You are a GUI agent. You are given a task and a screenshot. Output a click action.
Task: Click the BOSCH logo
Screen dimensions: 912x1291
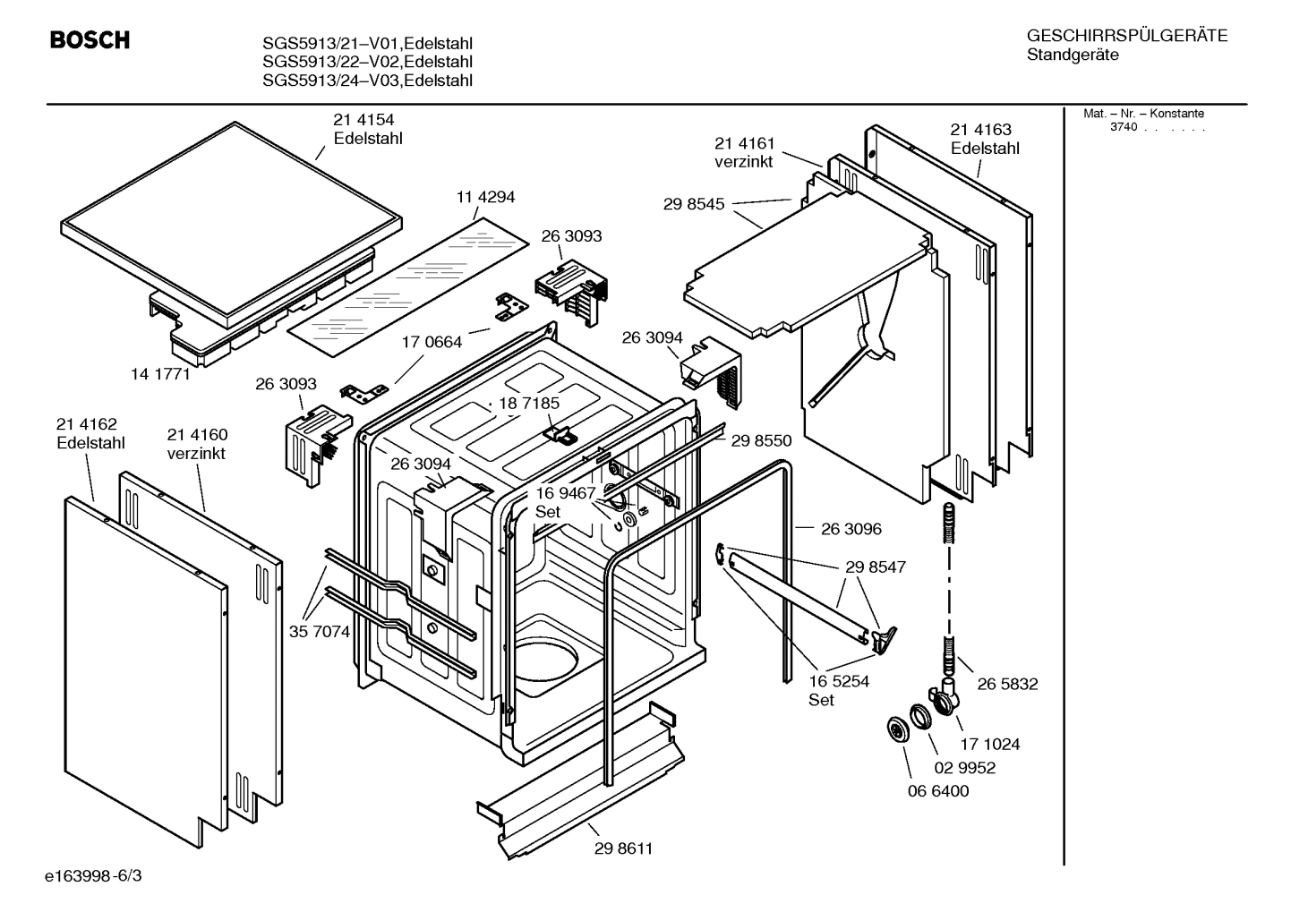90,40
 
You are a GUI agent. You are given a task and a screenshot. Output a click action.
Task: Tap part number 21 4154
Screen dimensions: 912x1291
363,120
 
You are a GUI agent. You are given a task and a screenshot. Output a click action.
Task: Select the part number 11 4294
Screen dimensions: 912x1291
486,197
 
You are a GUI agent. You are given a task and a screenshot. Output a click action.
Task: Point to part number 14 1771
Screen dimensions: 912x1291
160,374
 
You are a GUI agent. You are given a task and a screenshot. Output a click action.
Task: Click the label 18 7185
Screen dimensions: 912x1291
529,403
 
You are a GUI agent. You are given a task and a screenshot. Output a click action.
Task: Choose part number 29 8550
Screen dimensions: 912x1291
761,440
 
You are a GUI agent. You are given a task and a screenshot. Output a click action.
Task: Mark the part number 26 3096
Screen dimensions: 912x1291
851,529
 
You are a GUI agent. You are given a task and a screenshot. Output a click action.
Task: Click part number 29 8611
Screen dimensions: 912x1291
622,848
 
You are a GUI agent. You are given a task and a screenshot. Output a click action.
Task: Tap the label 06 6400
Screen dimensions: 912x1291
938,791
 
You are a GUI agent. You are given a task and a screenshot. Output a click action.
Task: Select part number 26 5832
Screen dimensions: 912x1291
1007,684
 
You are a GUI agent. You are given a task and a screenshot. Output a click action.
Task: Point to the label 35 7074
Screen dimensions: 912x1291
319,632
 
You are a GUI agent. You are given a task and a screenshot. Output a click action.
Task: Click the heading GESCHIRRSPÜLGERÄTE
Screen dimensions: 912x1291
1126,37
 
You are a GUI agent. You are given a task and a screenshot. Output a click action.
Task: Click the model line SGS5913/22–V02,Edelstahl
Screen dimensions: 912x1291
367,62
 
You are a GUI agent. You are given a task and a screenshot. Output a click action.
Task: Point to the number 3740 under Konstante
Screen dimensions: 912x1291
1123,127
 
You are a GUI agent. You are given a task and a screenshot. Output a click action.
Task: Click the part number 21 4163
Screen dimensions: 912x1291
980,130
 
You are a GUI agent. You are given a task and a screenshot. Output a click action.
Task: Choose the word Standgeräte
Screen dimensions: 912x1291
1072,55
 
